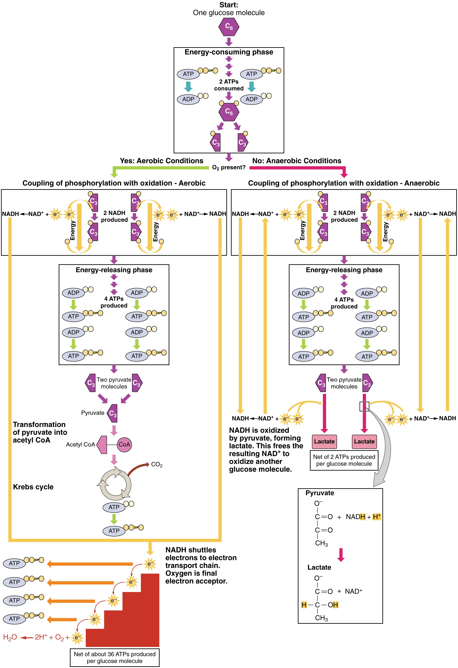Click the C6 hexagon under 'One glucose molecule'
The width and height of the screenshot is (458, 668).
point(229,27)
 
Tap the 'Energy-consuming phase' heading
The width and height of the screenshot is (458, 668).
point(229,52)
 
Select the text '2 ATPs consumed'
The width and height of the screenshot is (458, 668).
point(229,85)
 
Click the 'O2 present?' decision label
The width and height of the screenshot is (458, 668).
point(229,168)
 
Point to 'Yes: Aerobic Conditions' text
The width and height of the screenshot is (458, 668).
point(161,161)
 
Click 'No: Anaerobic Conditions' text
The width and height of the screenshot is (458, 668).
point(297,161)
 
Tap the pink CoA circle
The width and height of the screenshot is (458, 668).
point(124,444)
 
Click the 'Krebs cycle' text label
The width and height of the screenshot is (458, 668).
point(33,487)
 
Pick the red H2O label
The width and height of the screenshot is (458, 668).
point(10,637)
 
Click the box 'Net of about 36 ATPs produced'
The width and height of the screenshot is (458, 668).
point(114,657)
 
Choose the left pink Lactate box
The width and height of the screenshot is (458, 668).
point(324,441)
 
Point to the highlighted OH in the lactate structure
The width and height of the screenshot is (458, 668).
point(333,605)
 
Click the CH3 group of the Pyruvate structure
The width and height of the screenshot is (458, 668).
point(321,543)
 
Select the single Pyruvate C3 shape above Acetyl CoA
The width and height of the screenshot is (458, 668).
point(112,413)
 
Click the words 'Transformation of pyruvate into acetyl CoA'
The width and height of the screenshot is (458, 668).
point(40,432)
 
